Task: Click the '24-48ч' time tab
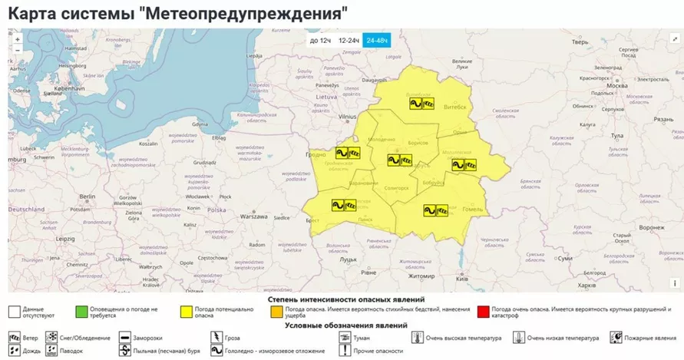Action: coord(377,40)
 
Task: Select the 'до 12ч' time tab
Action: coord(319,40)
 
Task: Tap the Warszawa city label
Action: coord(253,216)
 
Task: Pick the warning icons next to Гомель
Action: coord(436,209)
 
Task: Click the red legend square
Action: coord(483,312)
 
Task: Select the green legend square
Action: coord(81,312)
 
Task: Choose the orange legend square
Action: coord(276,312)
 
